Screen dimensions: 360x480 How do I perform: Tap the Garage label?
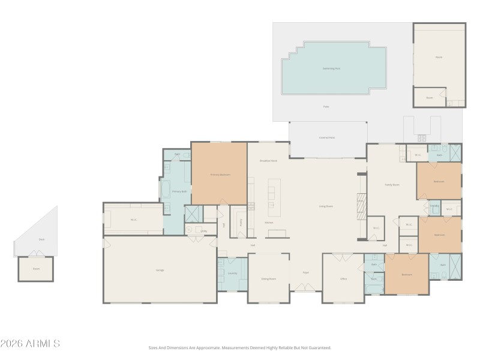point(160,270)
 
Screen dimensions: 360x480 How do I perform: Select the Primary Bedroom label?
point(220,175)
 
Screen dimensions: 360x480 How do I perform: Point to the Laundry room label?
point(233,274)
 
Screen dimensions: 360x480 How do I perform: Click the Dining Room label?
point(268,279)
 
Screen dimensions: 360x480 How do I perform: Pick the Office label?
point(344,279)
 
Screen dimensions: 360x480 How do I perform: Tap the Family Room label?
point(392,185)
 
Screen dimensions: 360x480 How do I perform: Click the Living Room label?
point(326,206)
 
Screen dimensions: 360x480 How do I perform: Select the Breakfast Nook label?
point(268,161)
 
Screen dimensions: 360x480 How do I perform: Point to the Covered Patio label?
point(327,137)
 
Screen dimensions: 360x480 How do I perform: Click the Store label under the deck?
point(36,269)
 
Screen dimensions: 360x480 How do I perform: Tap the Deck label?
point(41,239)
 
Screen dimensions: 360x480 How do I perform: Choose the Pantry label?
point(241,221)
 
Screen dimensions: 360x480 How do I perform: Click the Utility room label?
point(204,231)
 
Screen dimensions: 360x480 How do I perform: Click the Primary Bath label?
point(180,191)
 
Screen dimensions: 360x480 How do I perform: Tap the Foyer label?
point(305,273)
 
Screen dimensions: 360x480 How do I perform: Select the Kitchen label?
point(269,223)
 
